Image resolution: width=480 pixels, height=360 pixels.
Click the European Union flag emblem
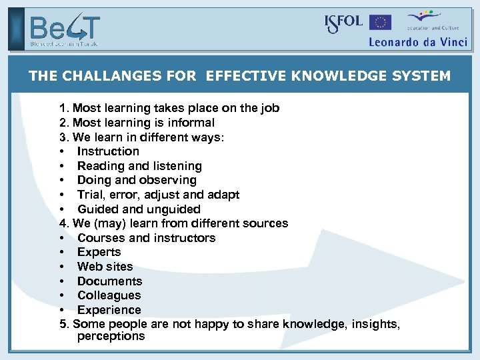click(381, 23)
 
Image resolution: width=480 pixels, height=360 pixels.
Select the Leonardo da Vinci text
click(418, 41)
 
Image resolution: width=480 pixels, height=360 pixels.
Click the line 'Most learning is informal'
click(143, 123)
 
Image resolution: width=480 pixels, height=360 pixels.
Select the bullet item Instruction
click(108, 151)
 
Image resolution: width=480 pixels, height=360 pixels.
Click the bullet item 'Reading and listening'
click(139, 166)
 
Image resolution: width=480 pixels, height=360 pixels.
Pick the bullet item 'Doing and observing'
click(137, 180)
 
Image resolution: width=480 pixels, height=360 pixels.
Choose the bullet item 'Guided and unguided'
click(139, 209)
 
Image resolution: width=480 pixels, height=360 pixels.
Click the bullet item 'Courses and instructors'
click(146, 238)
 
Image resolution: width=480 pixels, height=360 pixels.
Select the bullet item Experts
click(99, 252)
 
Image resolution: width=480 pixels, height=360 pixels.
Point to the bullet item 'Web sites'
click(105, 267)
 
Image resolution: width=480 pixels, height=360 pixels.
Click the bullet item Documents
click(109, 281)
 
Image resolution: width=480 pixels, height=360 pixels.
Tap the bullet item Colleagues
click(109, 295)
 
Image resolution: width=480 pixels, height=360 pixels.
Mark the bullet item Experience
click(109, 310)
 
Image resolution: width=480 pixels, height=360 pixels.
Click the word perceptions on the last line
click(111, 336)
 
